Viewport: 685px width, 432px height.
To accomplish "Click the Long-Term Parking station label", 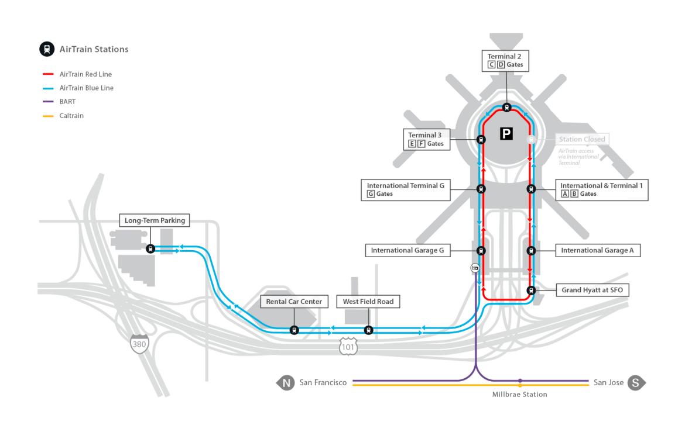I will (x=155, y=220).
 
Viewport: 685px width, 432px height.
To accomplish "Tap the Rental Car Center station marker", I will (x=294, y=330).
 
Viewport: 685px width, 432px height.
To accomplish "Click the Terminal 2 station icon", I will (x=506, y=107).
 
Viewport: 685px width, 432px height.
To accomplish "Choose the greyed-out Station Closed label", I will (x=581, y=139).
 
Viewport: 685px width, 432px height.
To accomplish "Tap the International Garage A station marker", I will (x=531, y=251).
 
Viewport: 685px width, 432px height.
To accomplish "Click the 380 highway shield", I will (x=139, y=344).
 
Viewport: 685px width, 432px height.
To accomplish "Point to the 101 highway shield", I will (x=348, y=347).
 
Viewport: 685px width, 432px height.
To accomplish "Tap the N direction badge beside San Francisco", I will (x=285, y=383).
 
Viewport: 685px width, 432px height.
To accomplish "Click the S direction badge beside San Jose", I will (x=636, y=383).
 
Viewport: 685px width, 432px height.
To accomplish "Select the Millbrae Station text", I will (x=519, y=395).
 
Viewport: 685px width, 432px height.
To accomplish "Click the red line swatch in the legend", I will (x=49, y=74).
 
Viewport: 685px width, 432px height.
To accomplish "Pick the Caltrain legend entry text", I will (x=72, y=116).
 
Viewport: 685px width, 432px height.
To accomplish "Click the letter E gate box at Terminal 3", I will (x=412, y=144).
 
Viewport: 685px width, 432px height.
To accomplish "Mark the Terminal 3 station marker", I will (x=481, y=139).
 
